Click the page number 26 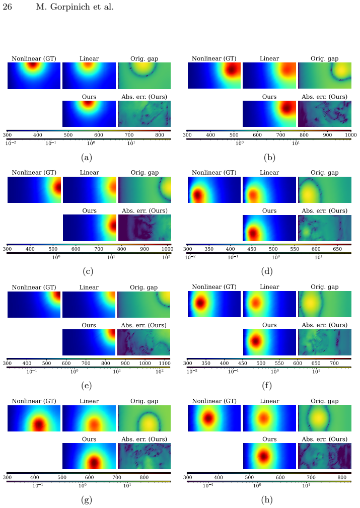point(7,7)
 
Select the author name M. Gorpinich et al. point(75,7)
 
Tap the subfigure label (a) point(87,158)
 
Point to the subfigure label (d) point(267,271)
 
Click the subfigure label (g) point(87,500)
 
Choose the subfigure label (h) point(267,499)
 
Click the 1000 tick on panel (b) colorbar point(350,135)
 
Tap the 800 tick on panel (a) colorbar point(160,135)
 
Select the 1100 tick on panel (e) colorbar point(165,363)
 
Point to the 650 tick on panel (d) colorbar point(337,249)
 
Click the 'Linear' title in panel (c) point(90,173)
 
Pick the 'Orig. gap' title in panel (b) point(324,58)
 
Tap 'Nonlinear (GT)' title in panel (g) point(34,401)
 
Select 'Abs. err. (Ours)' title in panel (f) point(324,325)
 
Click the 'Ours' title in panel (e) point(89,325)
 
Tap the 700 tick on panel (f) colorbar point(334,363)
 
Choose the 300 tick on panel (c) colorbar point(7,249)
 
